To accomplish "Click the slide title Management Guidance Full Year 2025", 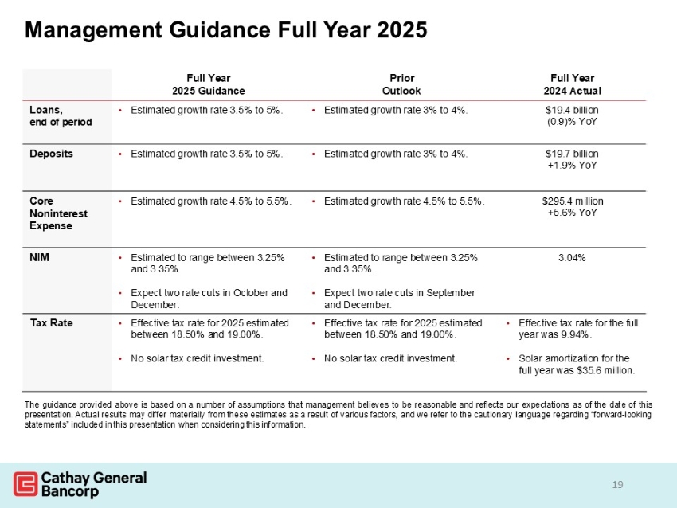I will (x=226, y=29).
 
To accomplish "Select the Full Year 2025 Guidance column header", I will (x=209, y=84).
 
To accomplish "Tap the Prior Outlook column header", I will (x=401, y=84).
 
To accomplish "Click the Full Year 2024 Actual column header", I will (x=572, y=84).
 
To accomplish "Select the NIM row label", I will (x=40, y=258).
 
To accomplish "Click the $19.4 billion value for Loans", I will (x=572, y=110).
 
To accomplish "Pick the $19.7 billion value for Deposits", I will (x=572, y=153).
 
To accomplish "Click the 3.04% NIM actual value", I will (x=572, y=258).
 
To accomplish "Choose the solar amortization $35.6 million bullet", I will (x=575, y=364).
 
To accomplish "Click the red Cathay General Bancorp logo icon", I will (x=25, y=483).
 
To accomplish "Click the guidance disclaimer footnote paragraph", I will (x=338, y=414).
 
